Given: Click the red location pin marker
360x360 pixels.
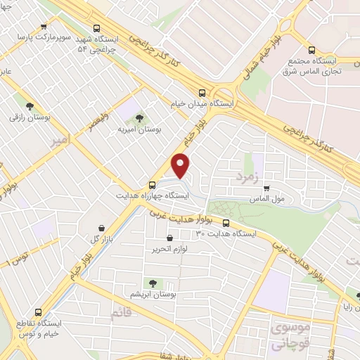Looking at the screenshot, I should coord(181,165).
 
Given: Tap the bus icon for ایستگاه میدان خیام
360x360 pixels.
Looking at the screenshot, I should coord(202,92).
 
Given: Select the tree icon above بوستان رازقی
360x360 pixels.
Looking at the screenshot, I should coord(30,106).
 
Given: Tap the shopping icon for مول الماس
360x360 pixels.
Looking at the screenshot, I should coord(267,188).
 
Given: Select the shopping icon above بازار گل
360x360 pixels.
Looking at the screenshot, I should coord(103,227).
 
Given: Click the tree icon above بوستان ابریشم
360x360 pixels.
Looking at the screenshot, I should coord(153,283).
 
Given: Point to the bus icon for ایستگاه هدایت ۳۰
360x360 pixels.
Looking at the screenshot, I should coord(226,224).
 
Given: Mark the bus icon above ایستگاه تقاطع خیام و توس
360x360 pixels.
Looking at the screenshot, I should coord(37,313).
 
